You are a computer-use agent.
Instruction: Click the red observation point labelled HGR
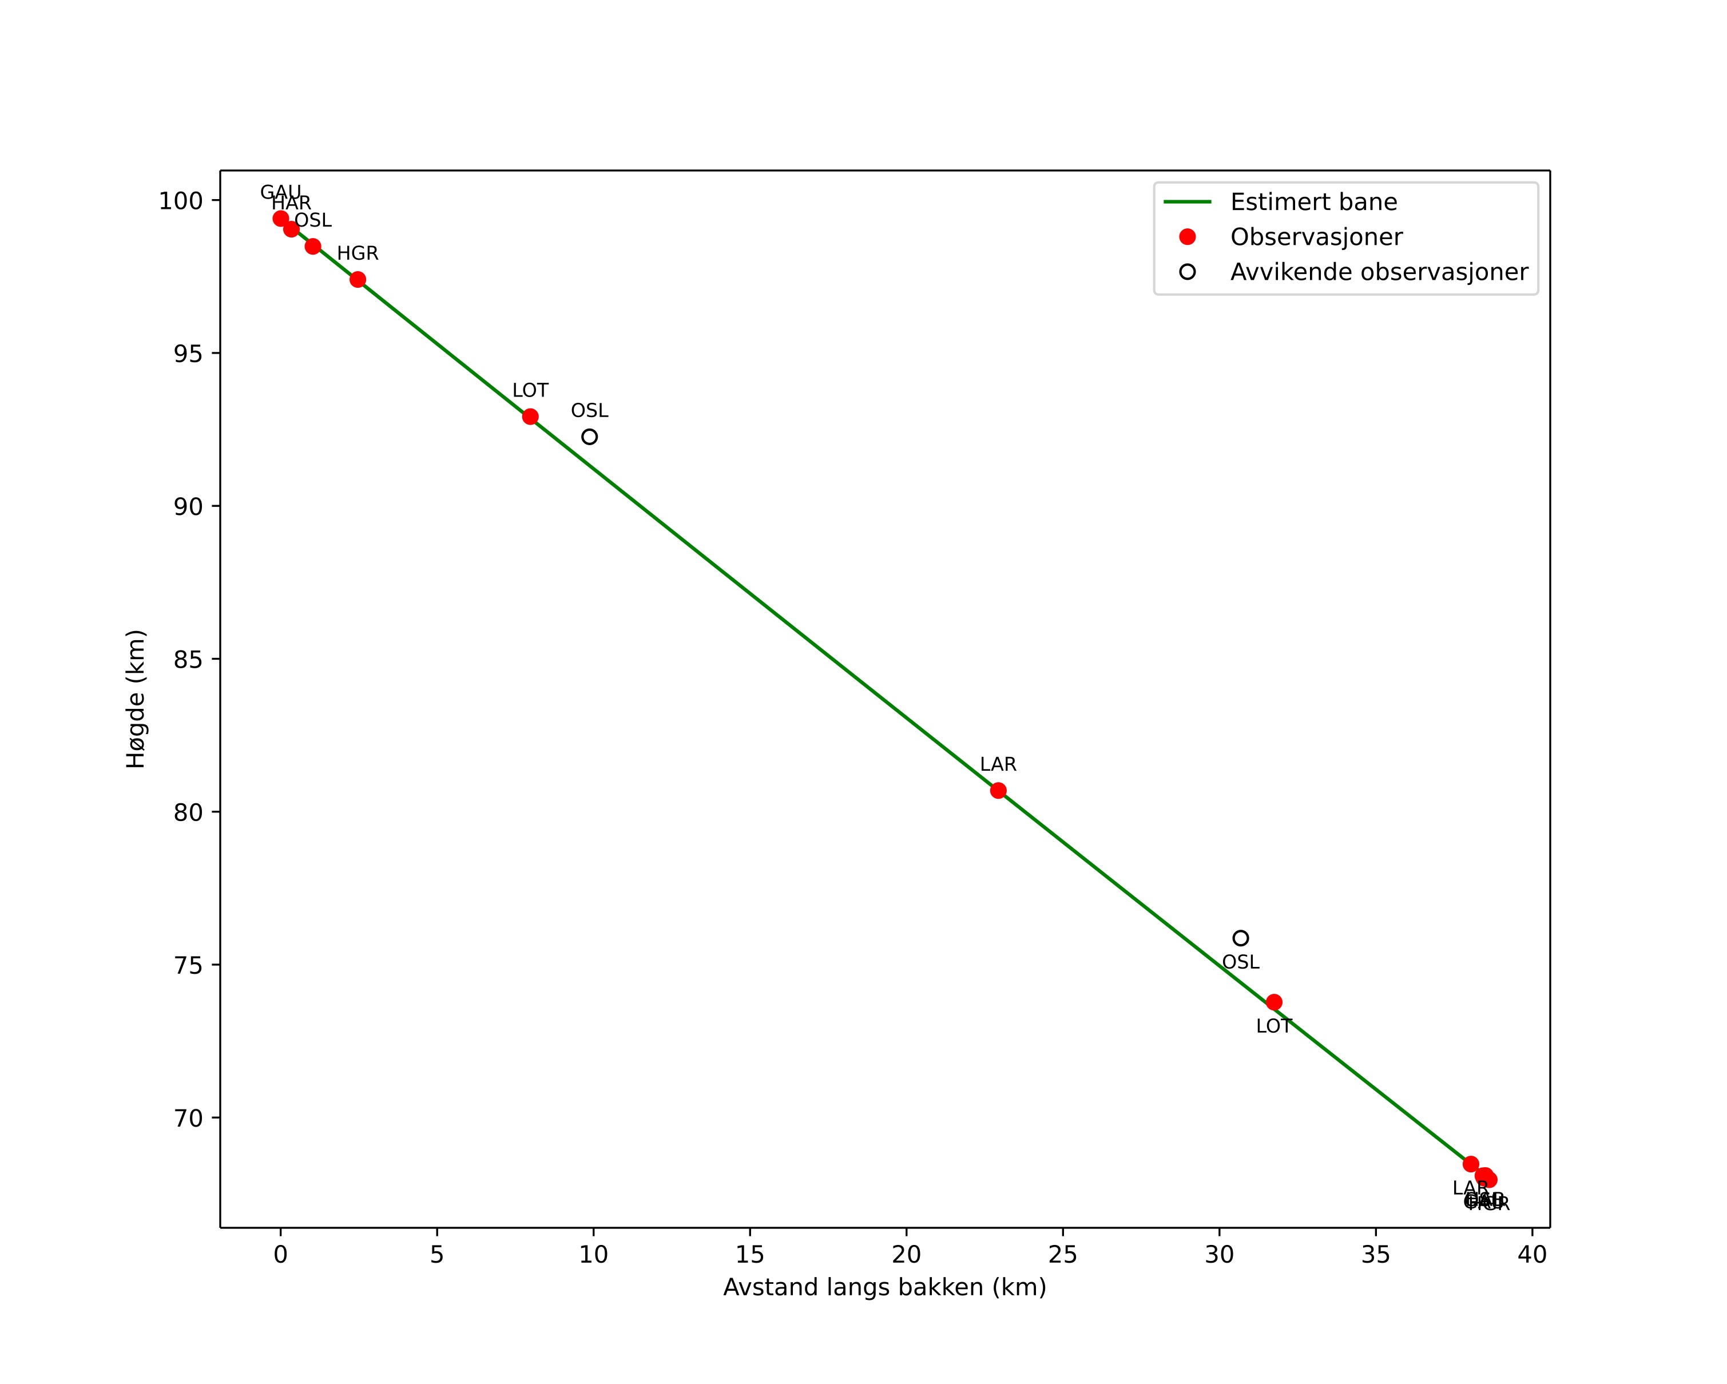(358, 280)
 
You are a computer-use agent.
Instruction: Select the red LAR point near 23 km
(998, 791)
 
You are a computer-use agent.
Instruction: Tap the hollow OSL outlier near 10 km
(590, 437)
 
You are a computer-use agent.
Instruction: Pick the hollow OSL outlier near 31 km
(1241, 938)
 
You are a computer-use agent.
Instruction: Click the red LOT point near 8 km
(530, 417)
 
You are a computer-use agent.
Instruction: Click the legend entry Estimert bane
(1313, 202)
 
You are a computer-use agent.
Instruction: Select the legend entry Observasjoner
(1316, 237)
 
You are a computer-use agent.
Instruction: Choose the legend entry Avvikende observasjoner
(1379, 272)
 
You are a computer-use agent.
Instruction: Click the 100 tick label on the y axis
(180, 200)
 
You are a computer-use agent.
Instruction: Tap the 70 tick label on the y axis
(188, 1118)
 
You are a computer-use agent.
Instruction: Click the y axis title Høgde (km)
(136, 699)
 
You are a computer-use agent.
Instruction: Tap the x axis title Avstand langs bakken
(884, 1288)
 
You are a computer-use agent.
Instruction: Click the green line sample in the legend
(1187, 202)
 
